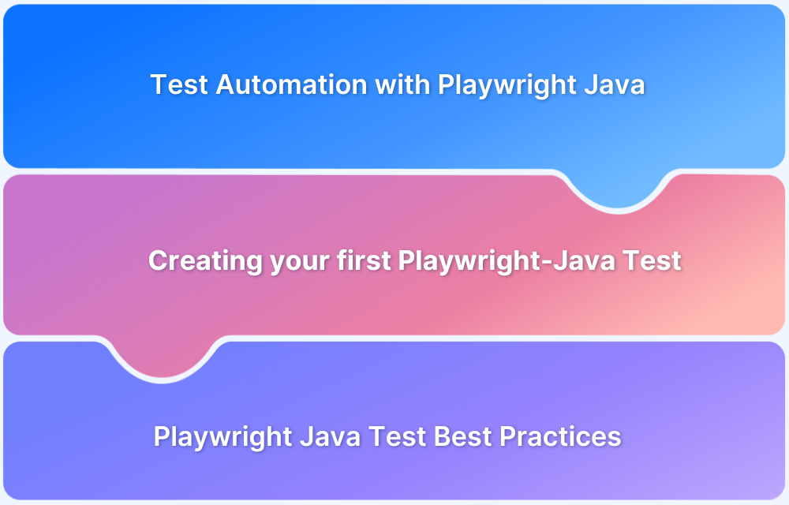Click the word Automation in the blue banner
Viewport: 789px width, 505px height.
click(x=291, y=84)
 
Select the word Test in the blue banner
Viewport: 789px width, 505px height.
click(x=179, y=84)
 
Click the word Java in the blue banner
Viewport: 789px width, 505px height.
click(x=615, y=84)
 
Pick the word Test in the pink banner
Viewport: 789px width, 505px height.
click(x=654, y=260)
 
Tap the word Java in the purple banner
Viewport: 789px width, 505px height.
click(x=331, y=436)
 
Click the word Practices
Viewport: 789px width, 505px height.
click(x=564, y=436)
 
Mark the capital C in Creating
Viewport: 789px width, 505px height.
click(x=158, y=260)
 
